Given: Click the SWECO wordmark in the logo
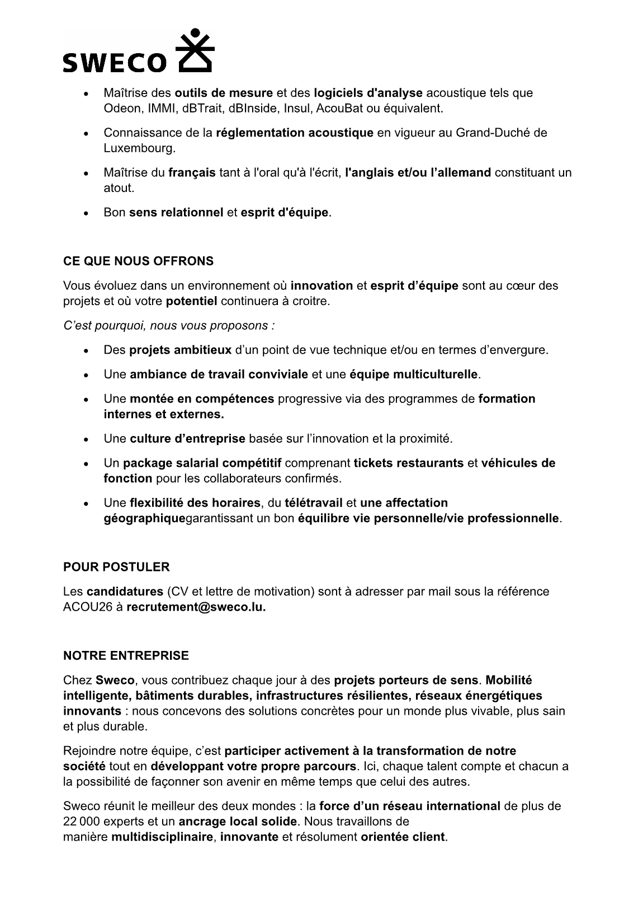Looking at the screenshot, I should point(115,62).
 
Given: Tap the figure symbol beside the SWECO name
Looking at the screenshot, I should point(195,50).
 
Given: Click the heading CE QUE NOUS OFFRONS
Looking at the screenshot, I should point(138,261).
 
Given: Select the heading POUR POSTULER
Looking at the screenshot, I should point(116,567).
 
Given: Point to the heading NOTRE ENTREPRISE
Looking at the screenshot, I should point(126,655).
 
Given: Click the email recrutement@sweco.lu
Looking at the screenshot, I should point(196,607).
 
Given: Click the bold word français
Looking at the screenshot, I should point(192,172).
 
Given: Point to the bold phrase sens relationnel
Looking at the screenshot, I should point(176,213).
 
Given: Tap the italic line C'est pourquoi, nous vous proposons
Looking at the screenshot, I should point(169,325).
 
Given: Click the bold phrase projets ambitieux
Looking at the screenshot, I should point(180,350).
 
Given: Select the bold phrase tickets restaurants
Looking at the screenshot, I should point(408,463).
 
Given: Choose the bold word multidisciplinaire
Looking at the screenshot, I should point(162,837).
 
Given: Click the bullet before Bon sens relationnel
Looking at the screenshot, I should point(85,213).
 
